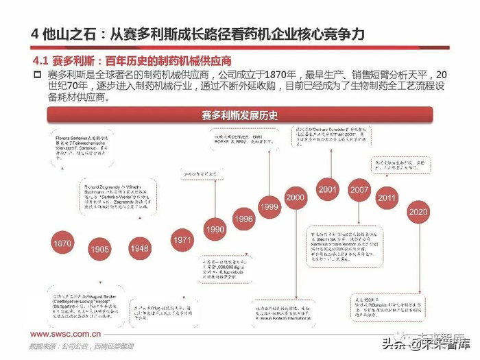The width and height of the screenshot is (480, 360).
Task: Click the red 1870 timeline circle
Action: (62, 243)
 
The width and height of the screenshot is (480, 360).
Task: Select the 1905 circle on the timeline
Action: (99, 250)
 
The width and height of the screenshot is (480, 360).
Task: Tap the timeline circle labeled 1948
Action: (139, 248)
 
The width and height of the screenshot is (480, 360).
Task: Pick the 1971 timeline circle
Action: (182, 240)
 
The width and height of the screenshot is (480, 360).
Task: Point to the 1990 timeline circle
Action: (215, 229)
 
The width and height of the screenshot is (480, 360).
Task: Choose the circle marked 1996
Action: (243, 219)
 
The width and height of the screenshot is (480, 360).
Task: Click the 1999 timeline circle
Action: (269, 206)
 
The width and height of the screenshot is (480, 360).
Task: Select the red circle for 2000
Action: (295, 197)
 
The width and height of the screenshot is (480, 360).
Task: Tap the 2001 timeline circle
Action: (328, 189)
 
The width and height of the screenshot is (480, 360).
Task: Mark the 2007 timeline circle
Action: (359, 189)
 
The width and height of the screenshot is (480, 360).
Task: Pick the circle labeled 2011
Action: (387, 197)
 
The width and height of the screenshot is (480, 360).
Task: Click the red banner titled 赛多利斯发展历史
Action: (239, 115)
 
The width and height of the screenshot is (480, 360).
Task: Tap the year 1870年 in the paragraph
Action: (261, 74)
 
